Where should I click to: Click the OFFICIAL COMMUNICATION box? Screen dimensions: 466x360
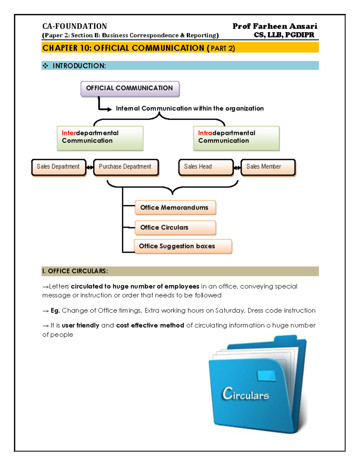point(130,89)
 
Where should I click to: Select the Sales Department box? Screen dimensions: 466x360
point(58,167)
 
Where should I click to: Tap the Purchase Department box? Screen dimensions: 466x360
point(126,167)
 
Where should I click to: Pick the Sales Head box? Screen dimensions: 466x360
point(205,167)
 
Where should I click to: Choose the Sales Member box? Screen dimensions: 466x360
point(268,167)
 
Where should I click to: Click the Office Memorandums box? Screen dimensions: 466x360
point(175,208)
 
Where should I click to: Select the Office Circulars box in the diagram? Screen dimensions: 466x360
point(175,228)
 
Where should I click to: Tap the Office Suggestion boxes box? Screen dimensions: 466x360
point(183,246)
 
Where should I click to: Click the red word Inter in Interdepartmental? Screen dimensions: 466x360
point(69,133)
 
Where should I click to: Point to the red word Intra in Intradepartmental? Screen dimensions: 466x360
point(205,133)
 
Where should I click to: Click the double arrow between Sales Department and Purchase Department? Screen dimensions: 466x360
point(90,167)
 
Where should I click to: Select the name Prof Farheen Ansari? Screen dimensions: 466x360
point(274,26)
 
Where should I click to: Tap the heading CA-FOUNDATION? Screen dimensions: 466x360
point(74,26)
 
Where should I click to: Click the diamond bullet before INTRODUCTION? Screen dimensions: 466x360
point(45,66)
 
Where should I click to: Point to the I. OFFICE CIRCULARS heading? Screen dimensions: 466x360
point(75,271)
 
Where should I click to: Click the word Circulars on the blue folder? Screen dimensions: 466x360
point(245,394)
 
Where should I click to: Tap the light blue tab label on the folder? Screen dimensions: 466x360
point(266,376)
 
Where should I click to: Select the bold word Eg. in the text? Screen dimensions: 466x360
point(55,311)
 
